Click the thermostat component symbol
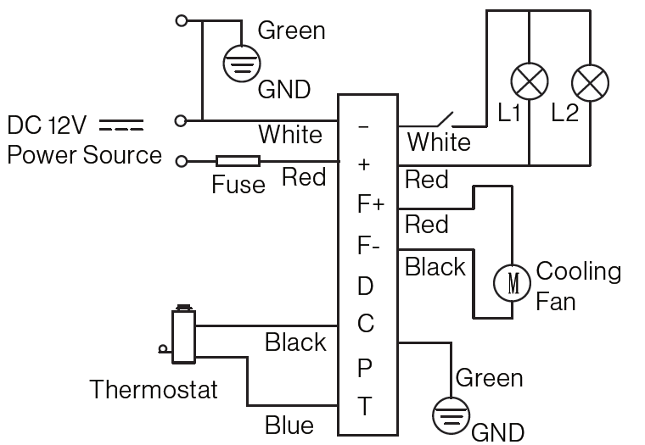pos(181,337)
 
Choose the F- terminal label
pos(368,247)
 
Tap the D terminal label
pos(365,286)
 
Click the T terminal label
pos(364,407)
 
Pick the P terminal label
pos(364,368)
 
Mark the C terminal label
pos(365,325)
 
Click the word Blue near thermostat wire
pos(289,425)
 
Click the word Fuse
pos(238,184)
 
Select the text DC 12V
pos(48,126)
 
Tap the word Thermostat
pos(154,390)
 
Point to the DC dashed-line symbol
pos(121,127)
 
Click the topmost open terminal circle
pos(180,19)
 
